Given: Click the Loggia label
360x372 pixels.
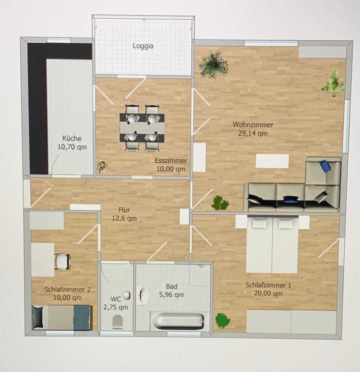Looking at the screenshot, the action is pos(143,46).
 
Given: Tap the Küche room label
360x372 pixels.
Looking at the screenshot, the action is pos(72,138).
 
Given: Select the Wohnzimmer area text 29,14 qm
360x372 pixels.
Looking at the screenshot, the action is pos(253,133).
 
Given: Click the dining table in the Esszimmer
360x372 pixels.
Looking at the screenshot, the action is pos(142,128).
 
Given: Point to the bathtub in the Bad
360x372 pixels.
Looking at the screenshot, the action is pos(178,321).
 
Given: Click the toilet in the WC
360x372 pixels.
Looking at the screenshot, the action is pos(118,322).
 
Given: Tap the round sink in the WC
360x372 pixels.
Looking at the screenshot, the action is pos(127,295).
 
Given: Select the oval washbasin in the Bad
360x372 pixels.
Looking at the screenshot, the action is pos(144,295).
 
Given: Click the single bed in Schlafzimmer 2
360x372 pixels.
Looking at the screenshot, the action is pos(62,317).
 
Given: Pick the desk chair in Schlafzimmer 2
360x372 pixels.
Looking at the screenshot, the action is pos(62,262).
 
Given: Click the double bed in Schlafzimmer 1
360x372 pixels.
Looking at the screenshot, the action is pos(272,244).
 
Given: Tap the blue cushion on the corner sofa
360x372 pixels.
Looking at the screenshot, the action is pos(325,166).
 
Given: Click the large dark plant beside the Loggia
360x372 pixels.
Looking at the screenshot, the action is pos(213,64).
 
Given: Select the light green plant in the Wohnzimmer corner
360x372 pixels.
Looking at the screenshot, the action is pos(333,83).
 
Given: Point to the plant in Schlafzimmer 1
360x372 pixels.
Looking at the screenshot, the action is pos(222,320).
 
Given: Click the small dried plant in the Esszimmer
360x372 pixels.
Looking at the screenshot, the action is pos(103,166).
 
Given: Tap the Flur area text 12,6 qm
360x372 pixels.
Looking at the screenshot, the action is pos(124,218).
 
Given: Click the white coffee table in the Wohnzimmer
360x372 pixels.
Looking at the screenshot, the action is pos(272,161).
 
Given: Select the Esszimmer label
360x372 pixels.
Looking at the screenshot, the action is pos(171,160).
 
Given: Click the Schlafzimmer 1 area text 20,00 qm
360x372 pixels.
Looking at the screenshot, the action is pos(269,293).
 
